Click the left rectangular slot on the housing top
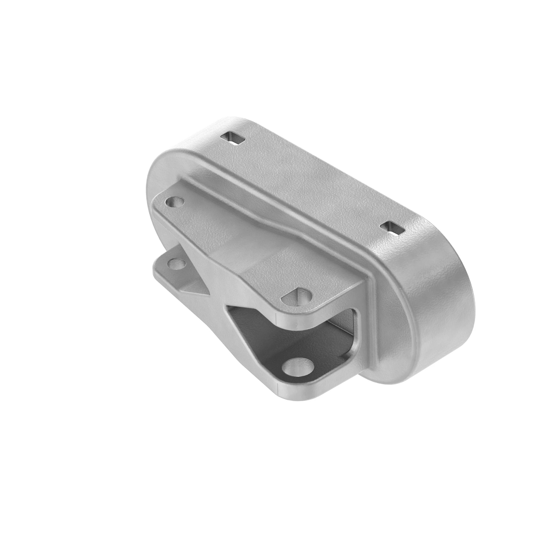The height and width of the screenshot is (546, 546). [233, 139]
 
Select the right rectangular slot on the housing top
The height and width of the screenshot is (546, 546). [392, 228]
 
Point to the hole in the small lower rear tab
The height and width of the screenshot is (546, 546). [177, 264]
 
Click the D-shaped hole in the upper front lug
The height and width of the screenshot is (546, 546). [298, 297]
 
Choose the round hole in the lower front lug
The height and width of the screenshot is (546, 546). [298, 368]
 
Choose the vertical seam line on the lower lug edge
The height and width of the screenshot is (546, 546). [278, 388]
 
